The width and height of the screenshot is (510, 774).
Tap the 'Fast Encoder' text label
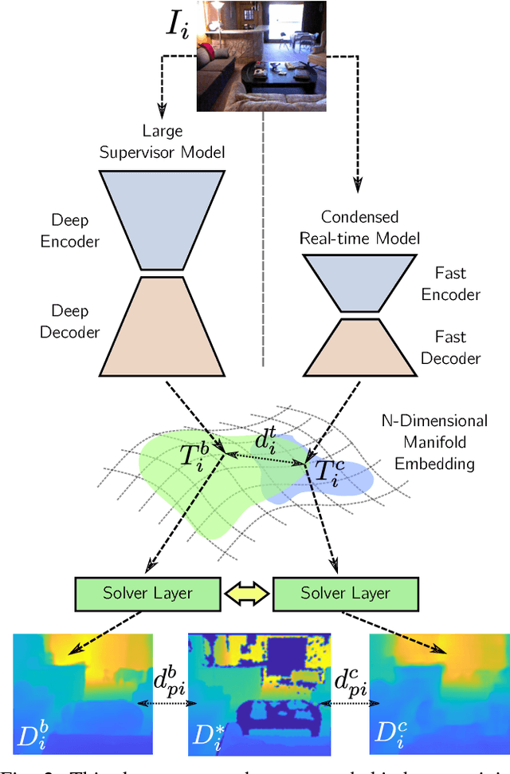click(451, 283)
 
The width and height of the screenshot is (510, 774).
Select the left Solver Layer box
click(148, 593)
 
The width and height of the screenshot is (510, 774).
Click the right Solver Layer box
click(345, 593)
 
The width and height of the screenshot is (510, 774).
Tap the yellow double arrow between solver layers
click(247, 593)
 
